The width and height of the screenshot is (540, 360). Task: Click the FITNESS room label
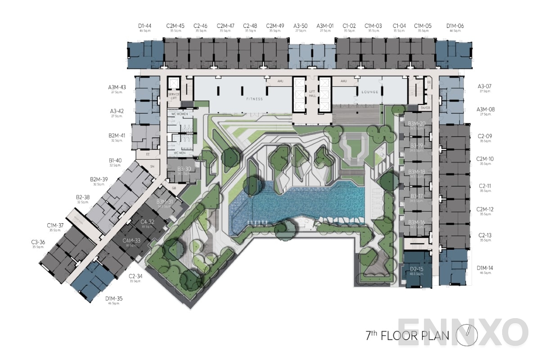click(x=254, y=99)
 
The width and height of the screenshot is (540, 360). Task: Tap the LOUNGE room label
click(x=370, y=92)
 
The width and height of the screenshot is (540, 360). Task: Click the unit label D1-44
click(x=144, y=26)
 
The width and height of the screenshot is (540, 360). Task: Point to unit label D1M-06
click(x=455, y=26)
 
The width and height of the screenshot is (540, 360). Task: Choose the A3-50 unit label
click(x=300, y=26)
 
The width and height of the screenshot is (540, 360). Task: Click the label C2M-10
click(x=485, y=159)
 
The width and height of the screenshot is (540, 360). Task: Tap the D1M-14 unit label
click(x=485, y=268)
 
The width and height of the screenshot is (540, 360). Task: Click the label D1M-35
click(x=114, y=298)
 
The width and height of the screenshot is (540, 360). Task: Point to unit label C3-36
click(x=38, y=242)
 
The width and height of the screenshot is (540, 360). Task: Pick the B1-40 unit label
click(x=115, y=160)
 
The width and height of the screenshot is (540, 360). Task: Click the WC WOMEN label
click(x=180, y=114)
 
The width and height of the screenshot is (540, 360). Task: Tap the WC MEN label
click(x=176, y=153)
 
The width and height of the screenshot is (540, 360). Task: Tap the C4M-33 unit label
click(x=131, y=241)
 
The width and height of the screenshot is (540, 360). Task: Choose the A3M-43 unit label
click(x=117, y=87)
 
